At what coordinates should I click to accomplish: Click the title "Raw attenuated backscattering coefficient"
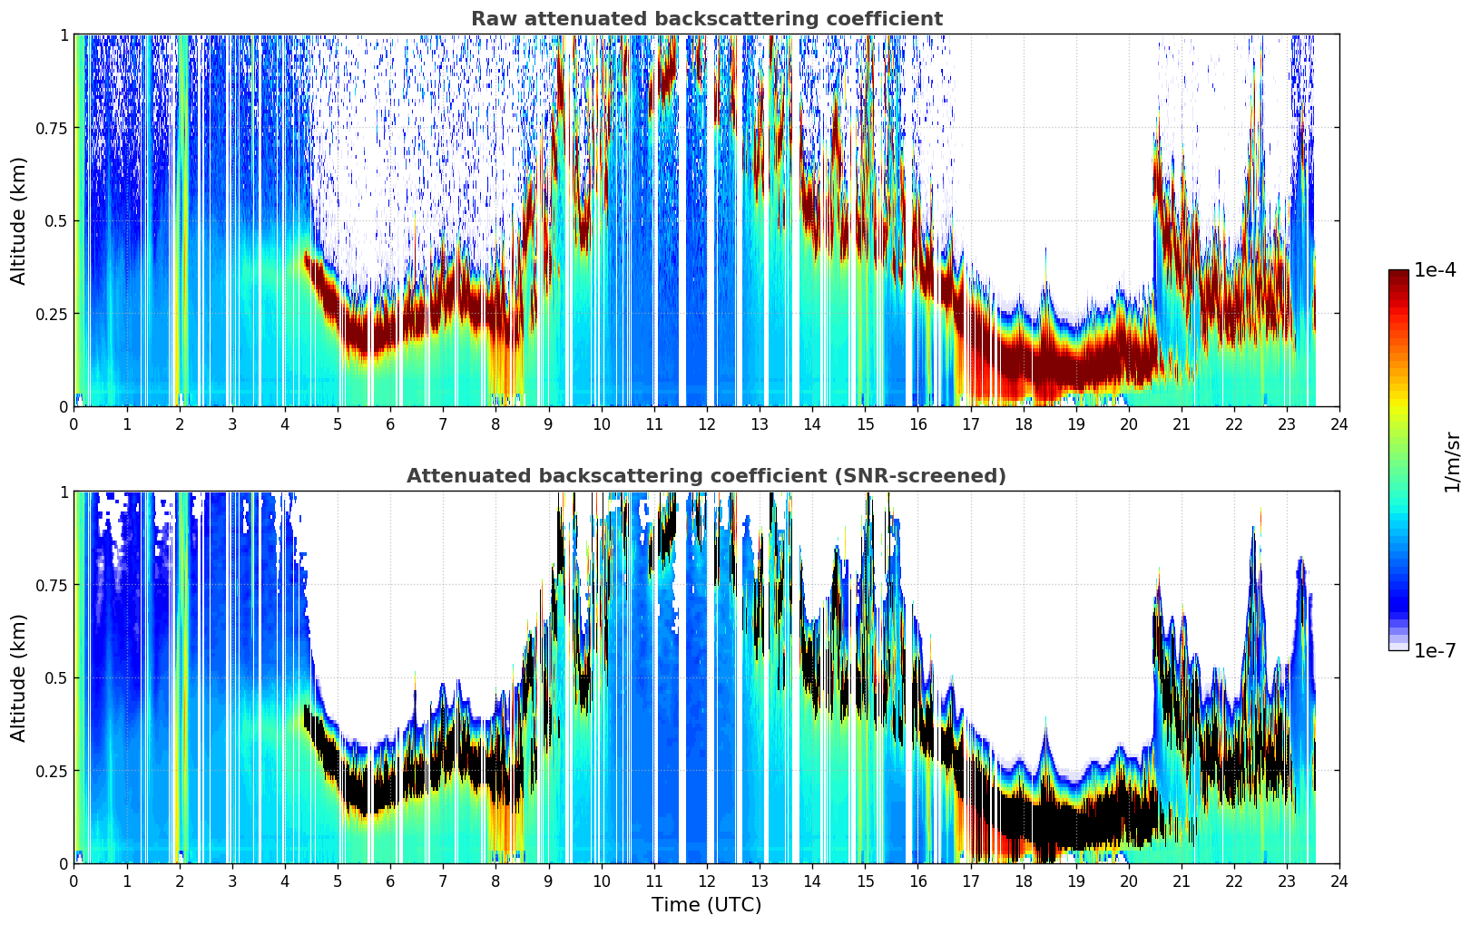tap(707, 19)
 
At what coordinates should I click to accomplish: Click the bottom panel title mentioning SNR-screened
tap(706, 475)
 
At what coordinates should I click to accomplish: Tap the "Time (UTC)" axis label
tap(707, 905)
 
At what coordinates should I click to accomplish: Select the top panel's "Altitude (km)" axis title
tap(18, 220)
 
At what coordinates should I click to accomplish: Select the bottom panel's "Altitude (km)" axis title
tap(18, 677)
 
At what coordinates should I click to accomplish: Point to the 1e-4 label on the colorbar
tap(1435, 269)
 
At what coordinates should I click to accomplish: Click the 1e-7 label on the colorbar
tap(1435, 650)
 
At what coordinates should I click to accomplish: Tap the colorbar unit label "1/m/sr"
tap(1451, 462)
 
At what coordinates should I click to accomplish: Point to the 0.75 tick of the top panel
tap(52, 128)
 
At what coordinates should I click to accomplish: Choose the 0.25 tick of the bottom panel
tap(52, 771)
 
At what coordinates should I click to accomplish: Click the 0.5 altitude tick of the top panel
tap(56, 221)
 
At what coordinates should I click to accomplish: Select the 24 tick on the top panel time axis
tap(1339, 424)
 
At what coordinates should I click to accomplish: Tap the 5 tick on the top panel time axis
tap(338, 424)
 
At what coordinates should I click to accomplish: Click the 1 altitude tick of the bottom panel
tap(64, 492)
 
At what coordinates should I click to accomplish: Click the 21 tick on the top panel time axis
tap(1182, 424)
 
